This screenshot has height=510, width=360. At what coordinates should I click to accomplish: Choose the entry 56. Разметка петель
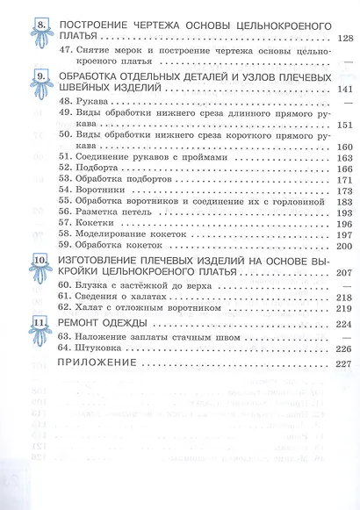coord(98,213)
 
